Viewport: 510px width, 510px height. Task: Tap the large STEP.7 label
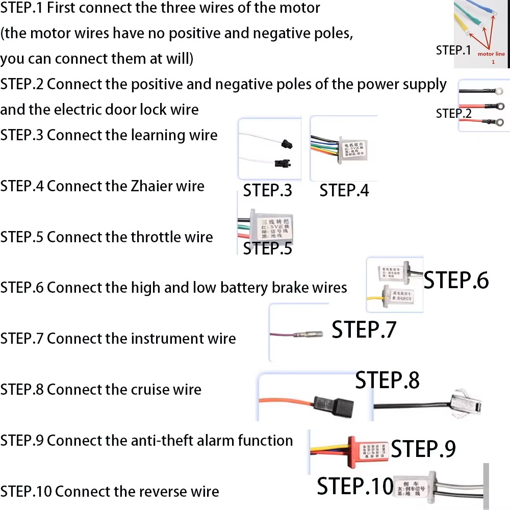[x=364, y=330]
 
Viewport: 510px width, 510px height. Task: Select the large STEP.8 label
[x=387, y=380]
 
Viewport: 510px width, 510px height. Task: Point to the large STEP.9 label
[x=423, y=449]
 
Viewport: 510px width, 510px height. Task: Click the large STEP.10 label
[x=355, y=486]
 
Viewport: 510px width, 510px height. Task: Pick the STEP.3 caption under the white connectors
[x=267, y=190]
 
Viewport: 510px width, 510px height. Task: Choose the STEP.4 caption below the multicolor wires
[x=344, y=190]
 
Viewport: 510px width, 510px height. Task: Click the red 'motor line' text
[x=491, y=53]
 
